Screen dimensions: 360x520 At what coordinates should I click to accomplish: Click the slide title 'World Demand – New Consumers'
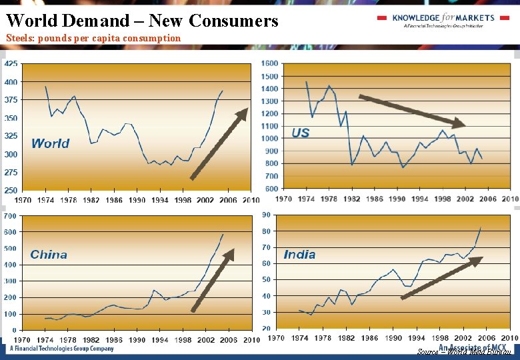click(x=142, y=21)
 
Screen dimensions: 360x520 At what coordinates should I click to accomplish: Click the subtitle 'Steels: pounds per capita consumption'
click(x=93, y=38)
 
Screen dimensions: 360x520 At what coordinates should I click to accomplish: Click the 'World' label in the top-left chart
click(x=50, y=143)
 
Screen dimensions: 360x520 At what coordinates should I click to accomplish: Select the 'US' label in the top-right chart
click(x=301, y=133)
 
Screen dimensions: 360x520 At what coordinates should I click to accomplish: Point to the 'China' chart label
click(x=49, y=255)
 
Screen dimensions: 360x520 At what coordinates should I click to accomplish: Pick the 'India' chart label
click(x=299, y=255)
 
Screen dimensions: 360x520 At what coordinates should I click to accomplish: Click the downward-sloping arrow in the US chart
click(x=411, y=111)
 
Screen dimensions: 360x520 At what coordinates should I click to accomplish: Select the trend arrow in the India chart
click(x=441, y=278)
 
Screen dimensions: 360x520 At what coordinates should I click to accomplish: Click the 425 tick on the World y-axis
click(x=11, y=64)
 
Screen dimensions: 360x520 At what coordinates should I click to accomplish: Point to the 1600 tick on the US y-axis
click(x=269, y=63)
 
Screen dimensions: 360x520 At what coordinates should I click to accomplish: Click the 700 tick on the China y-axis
click(x=10, y=216)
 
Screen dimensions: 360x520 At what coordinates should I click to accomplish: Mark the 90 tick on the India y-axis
click(x=266, y=215)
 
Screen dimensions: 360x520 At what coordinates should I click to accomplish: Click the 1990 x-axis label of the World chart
click(x=137, y=199)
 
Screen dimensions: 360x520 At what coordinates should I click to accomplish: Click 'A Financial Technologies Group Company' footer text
click(x=61, y=349)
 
